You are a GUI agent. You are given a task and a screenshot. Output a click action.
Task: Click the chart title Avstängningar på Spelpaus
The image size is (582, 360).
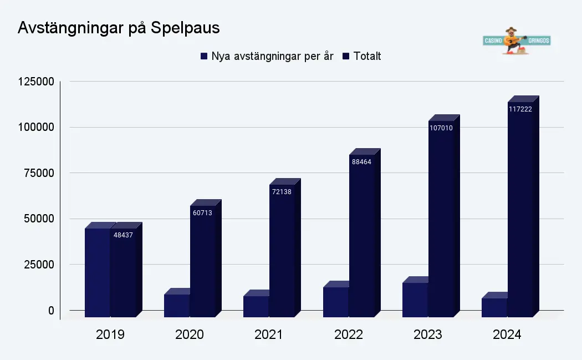119,28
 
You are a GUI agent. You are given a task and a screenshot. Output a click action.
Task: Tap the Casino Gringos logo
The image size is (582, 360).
517,41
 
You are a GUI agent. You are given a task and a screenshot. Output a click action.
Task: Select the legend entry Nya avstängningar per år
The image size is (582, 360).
267,56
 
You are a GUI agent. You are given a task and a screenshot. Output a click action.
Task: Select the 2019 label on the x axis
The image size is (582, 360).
110,335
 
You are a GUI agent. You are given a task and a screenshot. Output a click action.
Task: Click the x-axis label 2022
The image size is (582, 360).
348,335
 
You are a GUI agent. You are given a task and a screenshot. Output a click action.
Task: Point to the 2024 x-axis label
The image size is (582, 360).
507,335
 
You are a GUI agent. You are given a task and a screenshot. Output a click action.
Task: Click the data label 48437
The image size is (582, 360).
122,235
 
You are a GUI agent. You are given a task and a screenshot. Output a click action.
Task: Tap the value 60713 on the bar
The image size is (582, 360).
202,212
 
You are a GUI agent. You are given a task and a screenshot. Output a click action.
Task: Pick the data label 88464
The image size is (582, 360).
361,162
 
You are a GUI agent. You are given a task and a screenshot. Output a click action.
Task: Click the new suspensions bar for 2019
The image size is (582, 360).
98,272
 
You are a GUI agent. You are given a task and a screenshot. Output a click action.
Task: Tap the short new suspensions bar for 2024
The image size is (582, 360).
494,307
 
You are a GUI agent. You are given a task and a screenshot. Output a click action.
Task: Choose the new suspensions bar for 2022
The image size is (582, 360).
335,302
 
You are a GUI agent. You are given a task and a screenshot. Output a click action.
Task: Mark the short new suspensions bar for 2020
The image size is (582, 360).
177,305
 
